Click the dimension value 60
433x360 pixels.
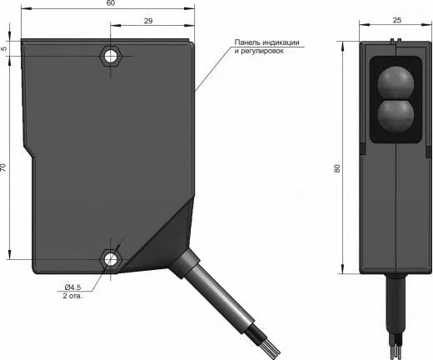[x=111, y=3]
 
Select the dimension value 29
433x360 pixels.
[x=148, y=21]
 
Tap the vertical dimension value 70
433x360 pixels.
[x=3, y=167]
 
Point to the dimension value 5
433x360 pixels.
[x=4, y=48]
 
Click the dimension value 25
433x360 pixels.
[x=397, y=20]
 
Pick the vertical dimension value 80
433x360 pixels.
[x=337, y=168]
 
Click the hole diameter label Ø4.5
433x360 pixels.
[x=72, y=287]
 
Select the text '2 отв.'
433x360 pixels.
[x=72, y=296]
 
